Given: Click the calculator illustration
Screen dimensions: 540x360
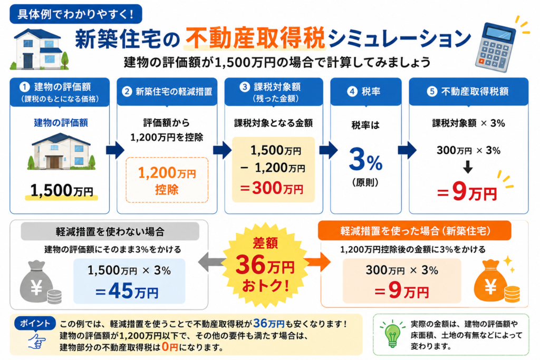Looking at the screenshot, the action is [x=495, y=47].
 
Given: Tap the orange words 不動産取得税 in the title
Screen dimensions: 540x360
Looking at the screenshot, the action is [x=255, y=38].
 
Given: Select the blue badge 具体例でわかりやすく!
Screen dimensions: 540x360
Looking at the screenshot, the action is [x=76, y=14].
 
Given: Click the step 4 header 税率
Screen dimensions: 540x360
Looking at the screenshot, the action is [x=366, y=92].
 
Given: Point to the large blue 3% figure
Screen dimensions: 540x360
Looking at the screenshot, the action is [x=365, y=159].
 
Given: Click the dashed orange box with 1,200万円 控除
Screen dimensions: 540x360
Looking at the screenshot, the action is [x=167, y=180].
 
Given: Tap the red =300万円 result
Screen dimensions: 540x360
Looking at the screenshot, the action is [x=272, y=188].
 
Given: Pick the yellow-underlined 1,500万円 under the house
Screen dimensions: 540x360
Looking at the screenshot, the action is [x=62, y=190].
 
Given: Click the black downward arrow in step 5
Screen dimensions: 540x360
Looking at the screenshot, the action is [x=468, y=167].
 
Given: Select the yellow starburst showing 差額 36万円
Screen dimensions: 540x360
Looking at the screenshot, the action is [x=265, y=264].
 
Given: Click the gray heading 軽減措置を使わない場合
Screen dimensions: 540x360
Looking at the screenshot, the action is [x=110, y=231].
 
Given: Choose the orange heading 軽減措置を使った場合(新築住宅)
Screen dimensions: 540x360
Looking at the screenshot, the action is [x=414, y=230].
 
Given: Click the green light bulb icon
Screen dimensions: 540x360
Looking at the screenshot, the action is [x=392, y=334].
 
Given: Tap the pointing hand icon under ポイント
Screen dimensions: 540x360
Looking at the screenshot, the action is [x=37, y=340].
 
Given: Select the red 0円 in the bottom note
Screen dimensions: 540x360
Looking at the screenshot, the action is [x=169, y=347].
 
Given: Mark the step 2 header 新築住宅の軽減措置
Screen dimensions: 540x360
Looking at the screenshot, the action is [x=167, y=92].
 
